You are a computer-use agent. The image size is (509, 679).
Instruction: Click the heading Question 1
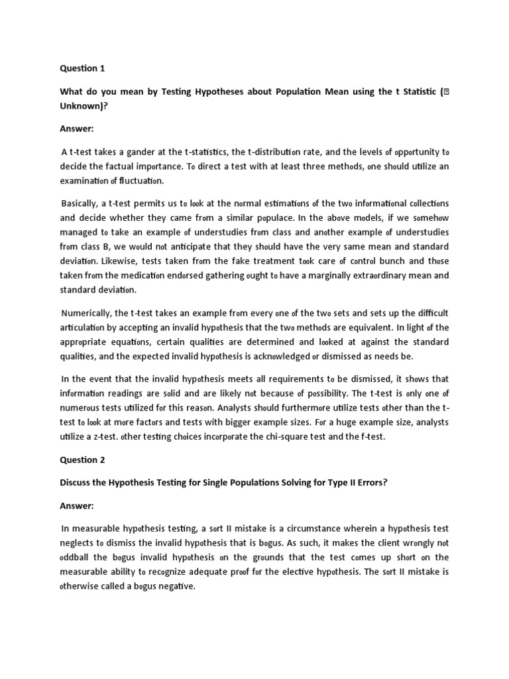point(83,68)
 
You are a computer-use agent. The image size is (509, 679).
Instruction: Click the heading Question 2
point(83,459)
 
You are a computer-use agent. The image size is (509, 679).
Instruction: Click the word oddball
point(79,557)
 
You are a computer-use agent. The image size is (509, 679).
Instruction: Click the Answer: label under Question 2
point(78,505)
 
